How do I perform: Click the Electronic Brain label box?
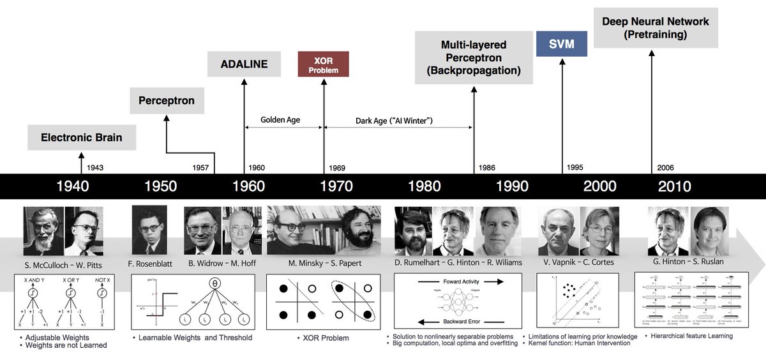tap(81, 137)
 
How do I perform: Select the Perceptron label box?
tap(166, 101)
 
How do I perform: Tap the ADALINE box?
tap(244, 64)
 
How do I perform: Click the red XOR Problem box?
tap(323, 64)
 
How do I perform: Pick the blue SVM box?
tap(562, 44)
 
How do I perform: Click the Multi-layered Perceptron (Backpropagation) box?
tap(474, 57)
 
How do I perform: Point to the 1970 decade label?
tap(336, 186)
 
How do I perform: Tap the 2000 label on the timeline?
tap(599, 186)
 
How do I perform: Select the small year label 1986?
tap(486, 168)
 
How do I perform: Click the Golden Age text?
tap(280, 119)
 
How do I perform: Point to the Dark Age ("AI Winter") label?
tap(394, 119)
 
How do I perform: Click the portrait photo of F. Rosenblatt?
tap(149, 230)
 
